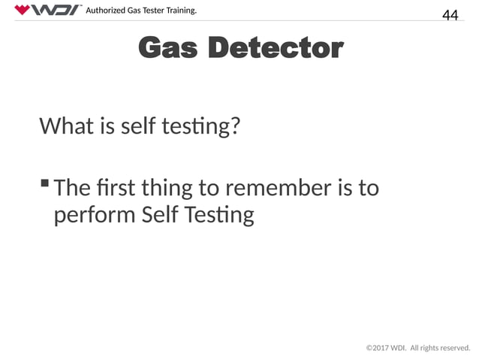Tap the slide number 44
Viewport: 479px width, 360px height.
coord(450,15)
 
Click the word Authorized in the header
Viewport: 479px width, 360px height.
coord(110,10)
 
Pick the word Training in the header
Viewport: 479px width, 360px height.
coord(188,10)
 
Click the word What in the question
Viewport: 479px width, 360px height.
coord(65,126)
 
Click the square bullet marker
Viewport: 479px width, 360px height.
coord(45,183)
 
